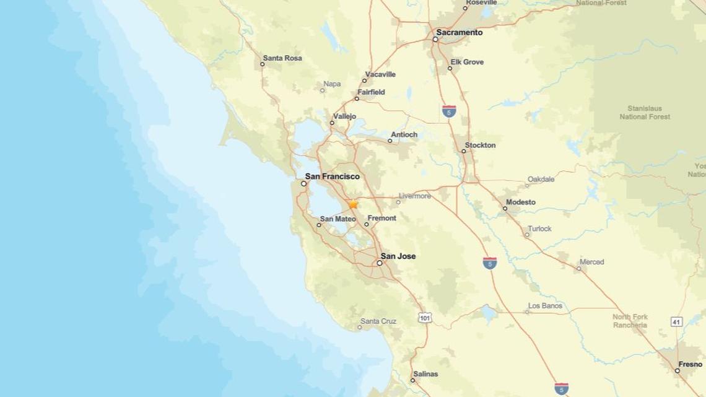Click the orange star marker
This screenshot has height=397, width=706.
coord(353,204)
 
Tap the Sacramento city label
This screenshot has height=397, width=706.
coord(459,32)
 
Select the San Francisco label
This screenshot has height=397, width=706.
coord(332,177)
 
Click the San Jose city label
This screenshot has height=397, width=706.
coord(398,256)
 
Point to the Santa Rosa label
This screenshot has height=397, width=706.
coord(282,58)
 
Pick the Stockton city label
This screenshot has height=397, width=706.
coord(481,146)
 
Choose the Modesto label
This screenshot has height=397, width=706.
coord(520,203)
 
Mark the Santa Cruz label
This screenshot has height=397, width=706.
coord(378,321)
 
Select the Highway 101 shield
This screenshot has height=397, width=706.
coord(425,318)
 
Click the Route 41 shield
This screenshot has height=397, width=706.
coord(676,321)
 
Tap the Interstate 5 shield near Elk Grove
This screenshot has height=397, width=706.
coord(450,111)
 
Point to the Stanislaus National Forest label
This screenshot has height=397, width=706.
coord(645,112)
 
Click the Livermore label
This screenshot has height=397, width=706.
coord(415,196)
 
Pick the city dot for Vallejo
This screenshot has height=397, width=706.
coord(332,123)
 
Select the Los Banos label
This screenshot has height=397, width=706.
coord(545,306)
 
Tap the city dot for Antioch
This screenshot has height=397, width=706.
coord(390,141)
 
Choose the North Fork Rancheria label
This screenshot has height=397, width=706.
coord(630,321)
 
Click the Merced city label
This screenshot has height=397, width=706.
coord(591,262)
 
